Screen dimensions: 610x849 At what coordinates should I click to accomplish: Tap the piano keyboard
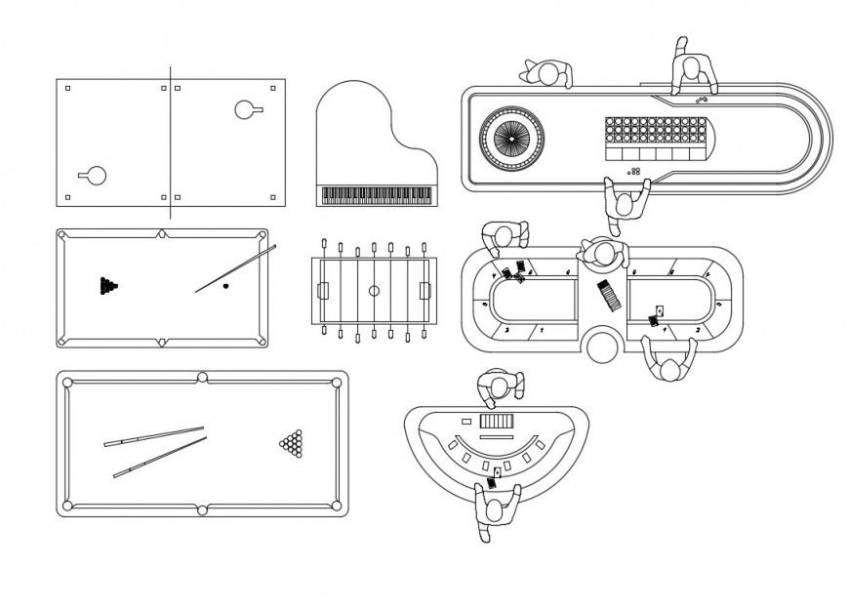pos(375,196)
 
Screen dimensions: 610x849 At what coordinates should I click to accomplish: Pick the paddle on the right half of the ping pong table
pos(247,109)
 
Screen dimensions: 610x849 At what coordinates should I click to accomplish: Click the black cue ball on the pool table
pos(225,286)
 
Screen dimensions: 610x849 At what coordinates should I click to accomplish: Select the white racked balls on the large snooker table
pos(291,445)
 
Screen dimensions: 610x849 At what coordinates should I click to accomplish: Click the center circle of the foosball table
pos(374,291)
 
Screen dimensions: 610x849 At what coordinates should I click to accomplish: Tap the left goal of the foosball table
pos(323,291)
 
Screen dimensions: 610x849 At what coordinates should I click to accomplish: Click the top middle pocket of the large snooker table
pos(203,378)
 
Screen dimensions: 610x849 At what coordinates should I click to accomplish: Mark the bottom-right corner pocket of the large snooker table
pos(337,505)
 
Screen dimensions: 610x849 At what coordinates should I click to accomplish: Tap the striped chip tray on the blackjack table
pos(496,421)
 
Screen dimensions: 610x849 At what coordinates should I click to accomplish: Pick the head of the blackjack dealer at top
pos(501,387)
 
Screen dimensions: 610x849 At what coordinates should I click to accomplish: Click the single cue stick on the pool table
pos(235,268)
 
